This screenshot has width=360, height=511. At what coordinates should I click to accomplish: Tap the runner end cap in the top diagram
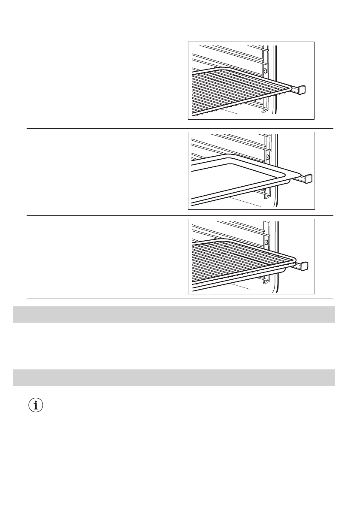(302, 89)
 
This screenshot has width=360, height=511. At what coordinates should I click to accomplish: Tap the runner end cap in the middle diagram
(308, 178)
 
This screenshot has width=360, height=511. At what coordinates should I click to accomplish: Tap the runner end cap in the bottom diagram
(304, 266)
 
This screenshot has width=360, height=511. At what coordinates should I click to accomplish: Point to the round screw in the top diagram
(265, 71)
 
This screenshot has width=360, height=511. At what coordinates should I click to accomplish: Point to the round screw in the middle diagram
(268, 157)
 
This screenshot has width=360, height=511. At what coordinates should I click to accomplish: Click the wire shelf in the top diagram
(232, 92)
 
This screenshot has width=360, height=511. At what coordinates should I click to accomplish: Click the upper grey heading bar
(174, 314)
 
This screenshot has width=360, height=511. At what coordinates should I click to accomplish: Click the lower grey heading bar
(174, 377)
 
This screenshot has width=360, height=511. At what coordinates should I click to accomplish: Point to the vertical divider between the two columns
(180, 348)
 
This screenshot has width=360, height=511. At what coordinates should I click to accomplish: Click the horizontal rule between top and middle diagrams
(180, 128)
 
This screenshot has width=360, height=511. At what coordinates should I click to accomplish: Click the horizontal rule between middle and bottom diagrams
(180, 215)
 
